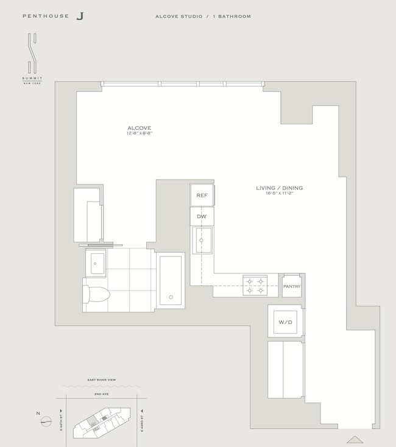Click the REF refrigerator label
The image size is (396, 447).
pyautogui.click(x=201, y=195)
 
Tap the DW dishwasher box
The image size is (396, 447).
pyautogui.click(x=201, y=216)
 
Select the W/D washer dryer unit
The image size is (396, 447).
pyautogui.click(x=285, y=321)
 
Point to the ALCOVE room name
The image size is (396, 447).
pyautogui.click(x=140, y=128)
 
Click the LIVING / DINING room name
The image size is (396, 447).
pyautogui.click(x=279, y=188)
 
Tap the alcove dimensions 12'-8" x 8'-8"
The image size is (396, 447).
pyautogui.click(x=140, y=133)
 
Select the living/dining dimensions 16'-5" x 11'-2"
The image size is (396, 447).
pyautogui.click(x=279, y=194)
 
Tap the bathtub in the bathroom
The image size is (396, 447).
pyautogui.click(x=171, y=281)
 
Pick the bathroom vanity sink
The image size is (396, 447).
pyautogui.click(x=97, y=264)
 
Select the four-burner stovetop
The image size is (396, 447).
pyautogui.click(x=254, y=286)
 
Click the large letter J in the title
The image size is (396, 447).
pyautogui.click(x=80, y=16)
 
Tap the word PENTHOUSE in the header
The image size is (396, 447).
pyautogui.click(x=46, y=16)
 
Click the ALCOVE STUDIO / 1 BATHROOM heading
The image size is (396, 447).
pyautogui.click(x=203, y=16)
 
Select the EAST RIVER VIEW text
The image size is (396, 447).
pyautogui.click(x=102, y=380)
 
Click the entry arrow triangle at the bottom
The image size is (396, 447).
pyautogui.click(x=355, y=438)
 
